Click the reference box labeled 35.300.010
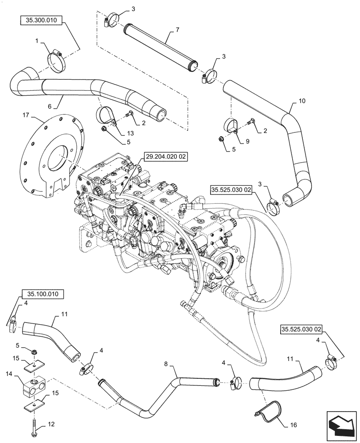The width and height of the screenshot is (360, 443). point(42,20)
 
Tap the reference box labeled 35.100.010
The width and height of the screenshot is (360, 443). point(42,294)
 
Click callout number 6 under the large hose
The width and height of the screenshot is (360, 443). point(50,107)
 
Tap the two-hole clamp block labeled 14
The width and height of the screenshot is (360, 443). point(35,387)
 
